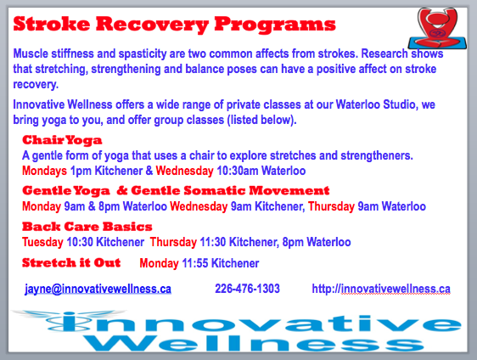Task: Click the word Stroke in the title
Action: click(52, 24)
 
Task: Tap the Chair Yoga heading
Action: click(62, 140)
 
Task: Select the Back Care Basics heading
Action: click(87, 227)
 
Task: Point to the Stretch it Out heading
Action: click(71, 262)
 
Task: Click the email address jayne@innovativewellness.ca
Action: click(98, 289)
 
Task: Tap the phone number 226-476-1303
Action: click(247, 289)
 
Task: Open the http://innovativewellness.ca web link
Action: click(381, 289)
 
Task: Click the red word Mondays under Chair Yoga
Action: click(44, 171)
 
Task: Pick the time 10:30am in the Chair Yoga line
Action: click(238, 171)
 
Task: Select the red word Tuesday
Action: click(42, 242)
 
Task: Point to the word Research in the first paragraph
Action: click(384, 53)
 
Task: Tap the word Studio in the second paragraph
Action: click(399, 104)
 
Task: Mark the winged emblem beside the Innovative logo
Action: click(70, 320)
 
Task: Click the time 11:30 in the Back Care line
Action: click(213, 242)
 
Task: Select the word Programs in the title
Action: click(275, 25)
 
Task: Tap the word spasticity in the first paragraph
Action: click(143, 53)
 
